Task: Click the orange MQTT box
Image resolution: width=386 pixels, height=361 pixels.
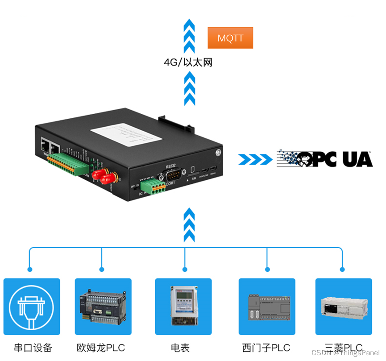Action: tap(230, 38)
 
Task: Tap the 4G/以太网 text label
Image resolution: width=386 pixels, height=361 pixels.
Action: tap(188, 62)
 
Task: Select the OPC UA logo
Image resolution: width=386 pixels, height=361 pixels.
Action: tap(325, 158)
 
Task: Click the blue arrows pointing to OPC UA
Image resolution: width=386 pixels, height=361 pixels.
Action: tap(255, 159)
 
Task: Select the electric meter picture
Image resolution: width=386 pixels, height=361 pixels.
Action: tap(183, 307)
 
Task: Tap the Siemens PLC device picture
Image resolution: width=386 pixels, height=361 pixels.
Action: tap(267, 307)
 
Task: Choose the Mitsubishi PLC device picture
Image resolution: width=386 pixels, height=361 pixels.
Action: tap(344, 307)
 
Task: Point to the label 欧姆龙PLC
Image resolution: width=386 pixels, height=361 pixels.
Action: tap(101, 348)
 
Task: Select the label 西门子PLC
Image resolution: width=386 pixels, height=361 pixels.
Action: tap(266, 348)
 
